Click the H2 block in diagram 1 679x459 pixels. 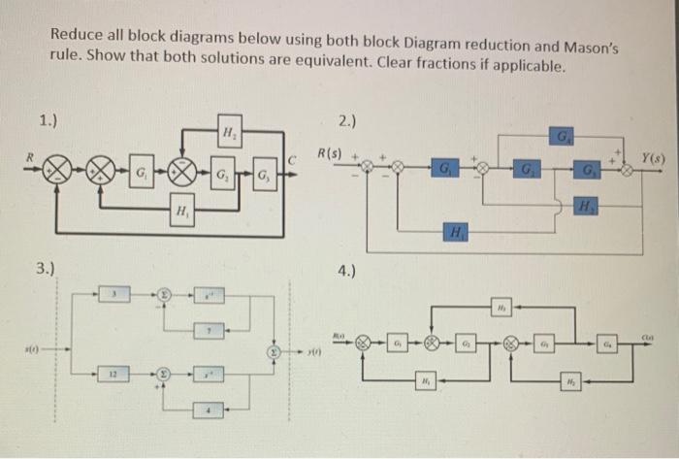pos(227,134)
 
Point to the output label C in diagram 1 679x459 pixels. pos(291,156)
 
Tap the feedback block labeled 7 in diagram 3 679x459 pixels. pos(209,333)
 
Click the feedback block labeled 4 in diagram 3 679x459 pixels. pos(209,411)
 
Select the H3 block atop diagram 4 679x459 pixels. pos(498,307)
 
